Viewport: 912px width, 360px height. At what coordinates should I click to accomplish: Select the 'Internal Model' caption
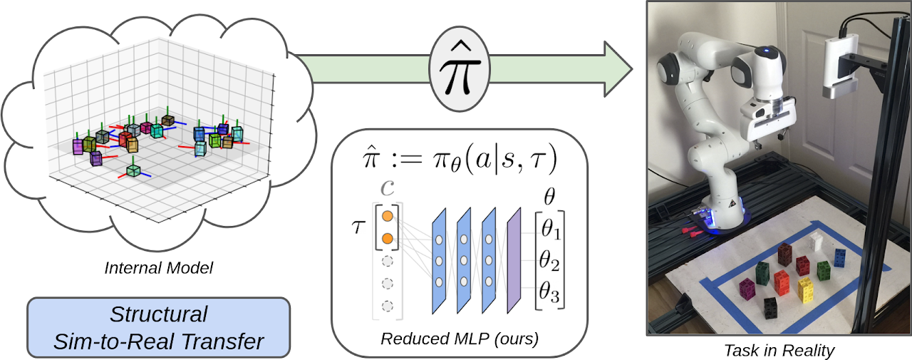[x=159, y=269]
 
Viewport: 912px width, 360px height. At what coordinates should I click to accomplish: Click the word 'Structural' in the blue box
[x=158, y=314]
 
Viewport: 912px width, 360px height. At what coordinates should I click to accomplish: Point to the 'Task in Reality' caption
[x=778, y=350]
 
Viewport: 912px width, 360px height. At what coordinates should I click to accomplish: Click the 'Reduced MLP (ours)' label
[x=459, y=339]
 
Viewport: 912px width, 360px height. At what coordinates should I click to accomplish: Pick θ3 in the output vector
[x=549, y=292]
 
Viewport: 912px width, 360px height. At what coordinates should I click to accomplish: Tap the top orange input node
[x=387, y=215]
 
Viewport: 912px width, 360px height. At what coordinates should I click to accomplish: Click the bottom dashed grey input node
[x=387, y=306]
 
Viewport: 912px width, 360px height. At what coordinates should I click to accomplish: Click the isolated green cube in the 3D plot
[x=133, y=170]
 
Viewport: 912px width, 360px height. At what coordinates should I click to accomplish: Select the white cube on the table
[x=818, y=242]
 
